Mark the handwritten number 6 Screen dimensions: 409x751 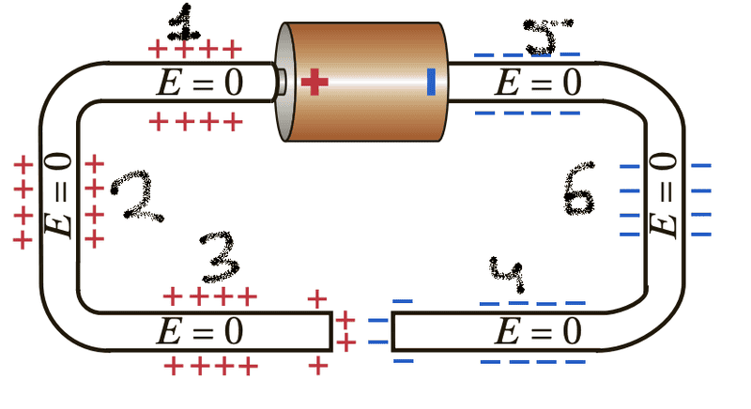[578, 192]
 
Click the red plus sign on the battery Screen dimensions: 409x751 [315, 83]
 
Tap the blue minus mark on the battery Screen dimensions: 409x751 [431, 82]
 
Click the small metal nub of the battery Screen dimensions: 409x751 [280, 82]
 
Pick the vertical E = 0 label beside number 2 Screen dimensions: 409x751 [59, 197]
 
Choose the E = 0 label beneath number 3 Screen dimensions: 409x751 [199, 331]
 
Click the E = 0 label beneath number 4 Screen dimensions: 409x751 [538, 331]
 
